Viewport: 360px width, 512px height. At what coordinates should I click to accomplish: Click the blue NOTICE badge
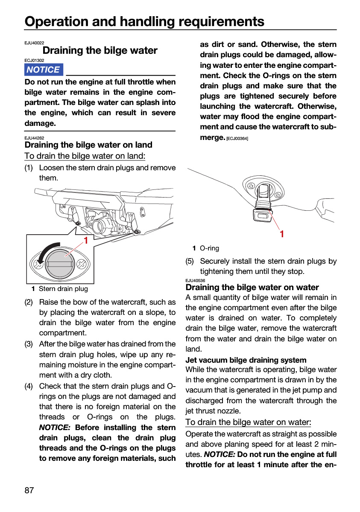[x=44, y=70]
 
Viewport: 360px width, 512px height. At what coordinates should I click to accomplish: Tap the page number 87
[x=29, y=490]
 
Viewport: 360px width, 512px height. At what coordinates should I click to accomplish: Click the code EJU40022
[x=34, y=43]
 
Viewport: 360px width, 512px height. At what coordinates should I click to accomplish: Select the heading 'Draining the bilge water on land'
[x=88, y=145]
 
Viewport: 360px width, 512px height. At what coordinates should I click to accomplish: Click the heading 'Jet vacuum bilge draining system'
[x=246, y=360]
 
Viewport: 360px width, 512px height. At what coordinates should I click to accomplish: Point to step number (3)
[x=29, y=344]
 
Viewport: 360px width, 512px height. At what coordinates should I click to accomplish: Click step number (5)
[x=190, y=261]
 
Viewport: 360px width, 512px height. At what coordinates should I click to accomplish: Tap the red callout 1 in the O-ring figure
[x=282, y=234]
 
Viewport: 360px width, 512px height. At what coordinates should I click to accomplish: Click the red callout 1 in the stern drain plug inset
[x=86, y=240]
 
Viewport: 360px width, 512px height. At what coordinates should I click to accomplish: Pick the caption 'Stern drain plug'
[x=63, y=289]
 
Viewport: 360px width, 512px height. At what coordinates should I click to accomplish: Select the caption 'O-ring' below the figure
[x=209, y=248]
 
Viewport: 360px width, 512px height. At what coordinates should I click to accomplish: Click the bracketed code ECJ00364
[x=237, y=139]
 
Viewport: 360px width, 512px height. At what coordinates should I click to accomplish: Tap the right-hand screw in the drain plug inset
[x=81, y=264]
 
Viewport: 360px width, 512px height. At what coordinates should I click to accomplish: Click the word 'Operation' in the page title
[x=56, y=22]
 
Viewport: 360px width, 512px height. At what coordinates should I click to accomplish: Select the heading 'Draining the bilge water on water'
[x=252, y=287]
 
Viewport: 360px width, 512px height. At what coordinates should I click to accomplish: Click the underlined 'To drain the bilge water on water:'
[x=248, y=422]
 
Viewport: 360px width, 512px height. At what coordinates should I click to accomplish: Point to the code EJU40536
[x=195, y=280]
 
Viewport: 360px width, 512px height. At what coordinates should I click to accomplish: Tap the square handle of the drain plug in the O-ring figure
[x=262, y=215]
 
